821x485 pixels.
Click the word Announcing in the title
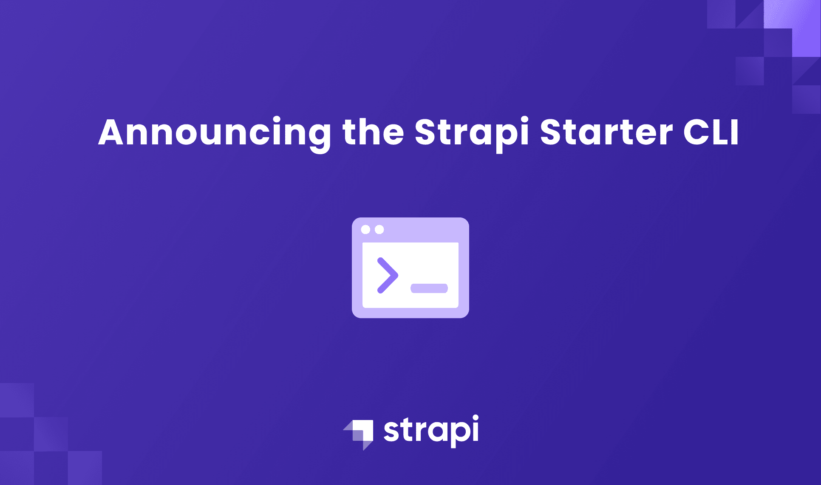215,133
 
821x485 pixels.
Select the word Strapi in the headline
471,133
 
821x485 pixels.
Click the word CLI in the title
711,133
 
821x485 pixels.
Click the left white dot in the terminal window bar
365,230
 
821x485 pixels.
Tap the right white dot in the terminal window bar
379,230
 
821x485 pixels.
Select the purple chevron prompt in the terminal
387,275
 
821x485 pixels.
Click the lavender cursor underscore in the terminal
429,288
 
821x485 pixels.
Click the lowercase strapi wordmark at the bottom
431,431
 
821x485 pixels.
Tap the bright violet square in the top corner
806,42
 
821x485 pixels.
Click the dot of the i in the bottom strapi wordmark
475,418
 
